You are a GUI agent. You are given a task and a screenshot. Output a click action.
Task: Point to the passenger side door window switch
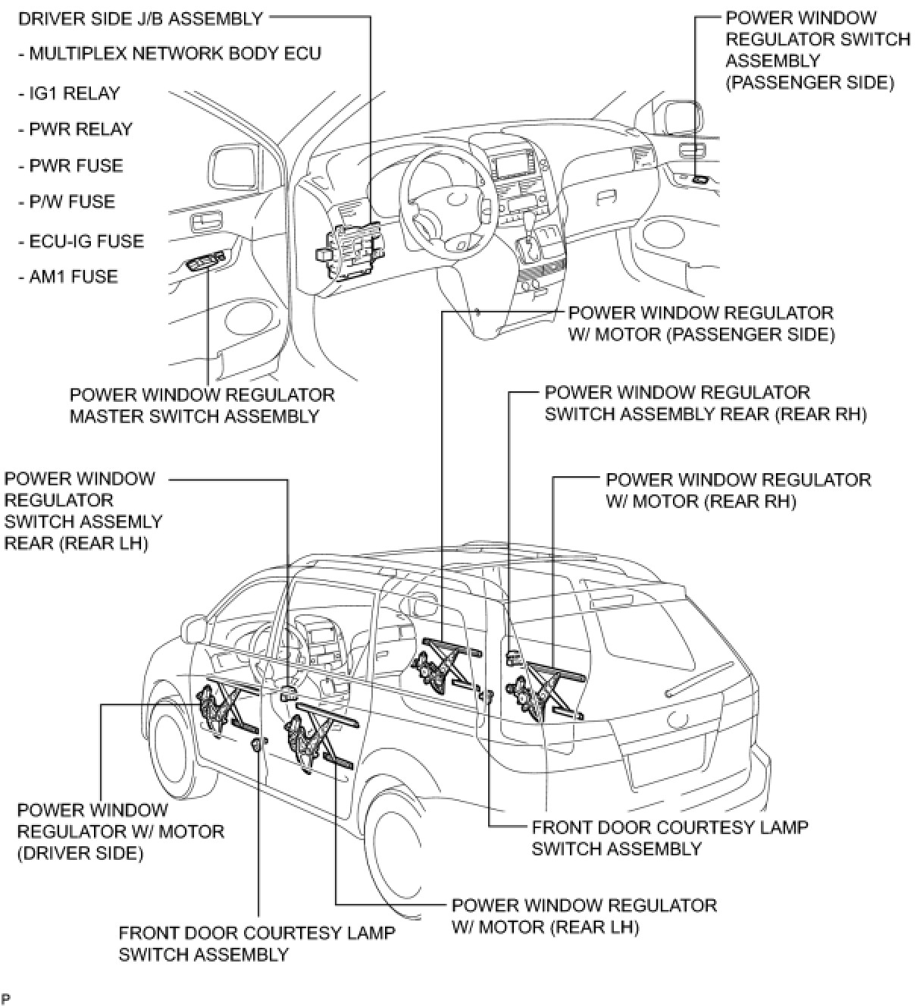[x=699, y=180]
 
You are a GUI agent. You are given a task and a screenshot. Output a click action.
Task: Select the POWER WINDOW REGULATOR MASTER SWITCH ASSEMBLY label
[x=202, y=406]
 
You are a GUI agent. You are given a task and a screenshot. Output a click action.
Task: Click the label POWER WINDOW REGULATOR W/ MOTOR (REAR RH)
[x=738, y=491]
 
